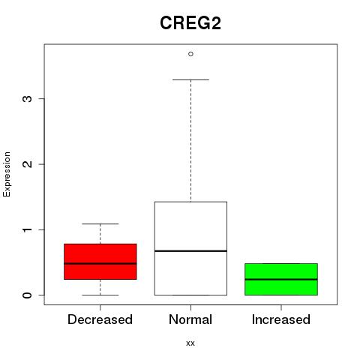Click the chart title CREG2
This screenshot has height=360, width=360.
click(x=190, y=23)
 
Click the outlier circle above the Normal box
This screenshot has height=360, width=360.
click(x=190, y=54)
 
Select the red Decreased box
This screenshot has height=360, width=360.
click(x=100, y=262)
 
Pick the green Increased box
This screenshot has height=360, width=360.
click(x=281, y=279)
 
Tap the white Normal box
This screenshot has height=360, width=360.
click(x=190, y=248)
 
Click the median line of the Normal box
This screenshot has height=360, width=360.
click(x=190, y=250)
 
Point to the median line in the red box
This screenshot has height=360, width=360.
click(x=100, y=263)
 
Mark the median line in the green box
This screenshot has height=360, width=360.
click(x=281, y=280)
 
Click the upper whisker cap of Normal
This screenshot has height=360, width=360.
click(x=190, y=79)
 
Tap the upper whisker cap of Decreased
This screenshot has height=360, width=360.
click(x=100, y=223)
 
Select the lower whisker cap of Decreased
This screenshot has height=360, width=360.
click(x=100, y=295)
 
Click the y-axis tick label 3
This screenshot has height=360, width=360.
click(x=28, y=98)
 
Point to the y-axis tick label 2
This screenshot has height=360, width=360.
click(x=28, y=164)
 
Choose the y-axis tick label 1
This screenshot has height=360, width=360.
click(x=28, y=229)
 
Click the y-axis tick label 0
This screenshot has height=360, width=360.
click(x=28, y=295)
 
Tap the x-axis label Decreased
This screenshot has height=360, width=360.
click(x=100, y=319)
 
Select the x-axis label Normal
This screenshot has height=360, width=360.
click(x=190, y=319)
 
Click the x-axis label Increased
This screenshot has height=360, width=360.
click(x=281, y=319)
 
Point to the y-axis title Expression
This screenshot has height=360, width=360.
click(x=7, y=174)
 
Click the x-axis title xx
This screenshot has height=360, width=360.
click(x=190, y=343)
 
